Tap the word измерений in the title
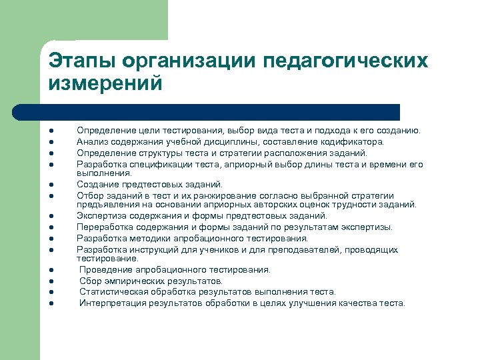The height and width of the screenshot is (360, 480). click(x=105, y=83)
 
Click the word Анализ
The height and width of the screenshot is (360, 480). click(x=91, y=141)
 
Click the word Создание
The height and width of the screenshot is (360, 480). click(x=96, y=184)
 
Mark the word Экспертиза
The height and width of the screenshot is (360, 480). click(x=100, y=215)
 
